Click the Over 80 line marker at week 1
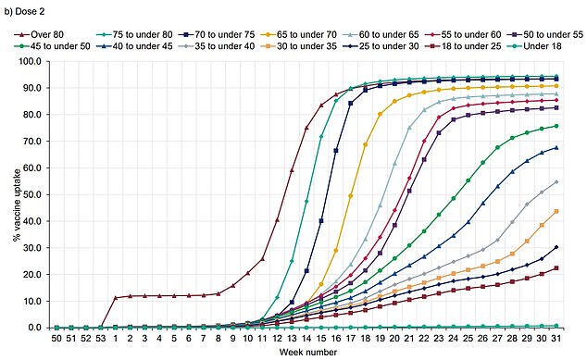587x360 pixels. [115, 298]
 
